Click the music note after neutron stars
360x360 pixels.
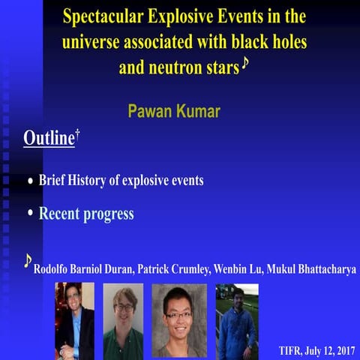click(244, 65)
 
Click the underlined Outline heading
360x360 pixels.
click(49, 139)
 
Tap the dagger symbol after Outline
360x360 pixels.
click(77, 133)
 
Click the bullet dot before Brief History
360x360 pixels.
click(30, 181)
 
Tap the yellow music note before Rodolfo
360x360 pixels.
click(28, 260)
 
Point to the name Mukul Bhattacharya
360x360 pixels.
click(323, 268)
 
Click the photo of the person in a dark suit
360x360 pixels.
click(74, 320)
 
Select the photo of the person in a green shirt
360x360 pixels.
click(124, 320)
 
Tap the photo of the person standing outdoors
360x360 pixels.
click(237, 320)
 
